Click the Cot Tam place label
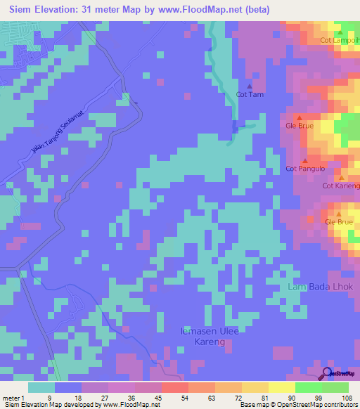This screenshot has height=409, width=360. [x=250, y=94]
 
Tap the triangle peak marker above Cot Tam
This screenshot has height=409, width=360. [x=249, y=86]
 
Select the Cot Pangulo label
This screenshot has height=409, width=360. [x=305, y=169]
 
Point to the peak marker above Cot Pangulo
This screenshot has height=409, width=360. [x=304, y=160]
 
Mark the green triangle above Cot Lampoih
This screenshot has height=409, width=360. [x=340, y=32]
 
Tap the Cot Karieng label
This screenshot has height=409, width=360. [x=340, y=186]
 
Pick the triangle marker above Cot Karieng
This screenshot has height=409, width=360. [x=341, y=178]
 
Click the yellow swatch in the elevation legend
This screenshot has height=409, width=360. [x=281, y=387]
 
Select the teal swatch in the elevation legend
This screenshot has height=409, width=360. [x=41, y=387]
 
